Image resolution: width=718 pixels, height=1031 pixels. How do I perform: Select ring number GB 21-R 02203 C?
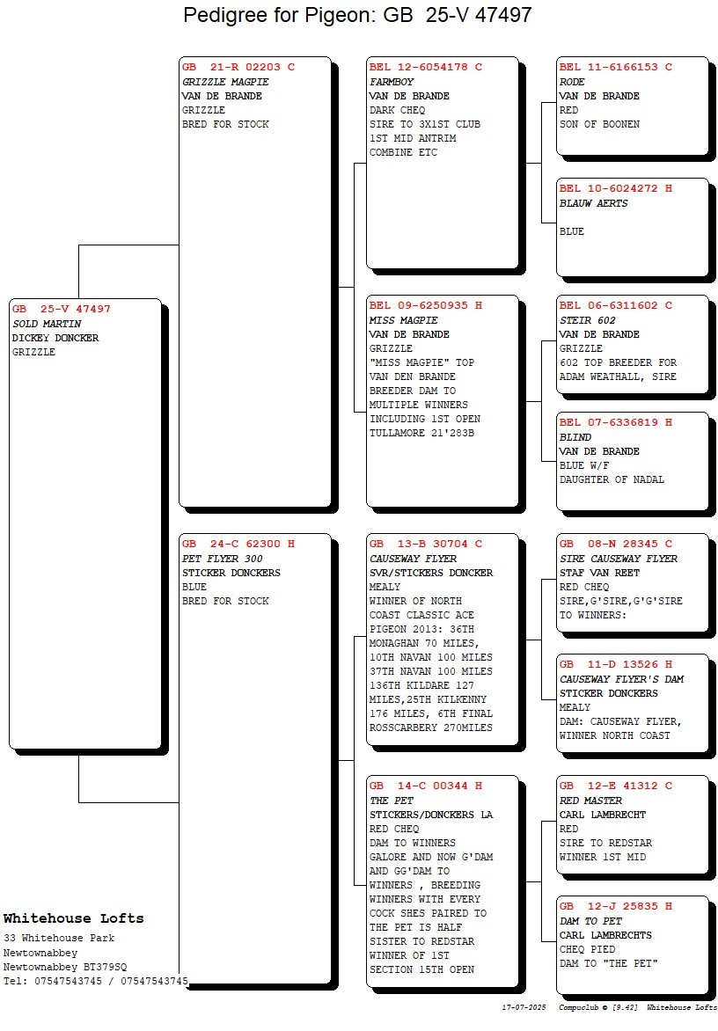[x=238, y=67]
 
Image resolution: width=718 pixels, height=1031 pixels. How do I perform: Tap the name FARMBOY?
[x=392, y=82]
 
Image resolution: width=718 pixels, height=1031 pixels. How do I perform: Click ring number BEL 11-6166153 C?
[x=615, y=67]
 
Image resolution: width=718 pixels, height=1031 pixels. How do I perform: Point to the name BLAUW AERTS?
[x=593, y=203]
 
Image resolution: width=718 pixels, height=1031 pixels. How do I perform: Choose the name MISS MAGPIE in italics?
[x=403, y=320]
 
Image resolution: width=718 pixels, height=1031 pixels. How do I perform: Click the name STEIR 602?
[x=587, y=320]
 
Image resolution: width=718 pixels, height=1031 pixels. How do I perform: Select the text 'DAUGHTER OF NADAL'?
[x=612, y=480]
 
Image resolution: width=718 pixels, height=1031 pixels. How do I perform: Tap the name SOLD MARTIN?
[x=47, y=324]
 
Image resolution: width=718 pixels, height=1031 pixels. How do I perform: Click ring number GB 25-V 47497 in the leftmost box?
[x=61, y=309]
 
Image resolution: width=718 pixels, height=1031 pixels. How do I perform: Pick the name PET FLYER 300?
[x=223, y=559]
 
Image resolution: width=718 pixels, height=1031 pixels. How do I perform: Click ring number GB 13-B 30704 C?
[x=425, y=545]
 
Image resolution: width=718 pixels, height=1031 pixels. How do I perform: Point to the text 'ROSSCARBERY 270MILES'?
[x=430, y=728]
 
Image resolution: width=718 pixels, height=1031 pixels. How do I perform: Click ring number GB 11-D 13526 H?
[x=615, y=665]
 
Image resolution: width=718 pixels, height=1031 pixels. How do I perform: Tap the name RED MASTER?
[x=590, y=801]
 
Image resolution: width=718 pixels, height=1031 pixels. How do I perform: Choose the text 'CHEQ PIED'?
[x=587, y=949]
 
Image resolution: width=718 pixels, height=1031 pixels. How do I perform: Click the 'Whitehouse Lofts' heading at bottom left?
[x=74, y=918]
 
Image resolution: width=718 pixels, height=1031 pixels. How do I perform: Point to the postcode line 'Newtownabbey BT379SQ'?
[x=65, y=967]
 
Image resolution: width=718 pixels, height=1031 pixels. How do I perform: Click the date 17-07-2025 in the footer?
[x=524, y=1007]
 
